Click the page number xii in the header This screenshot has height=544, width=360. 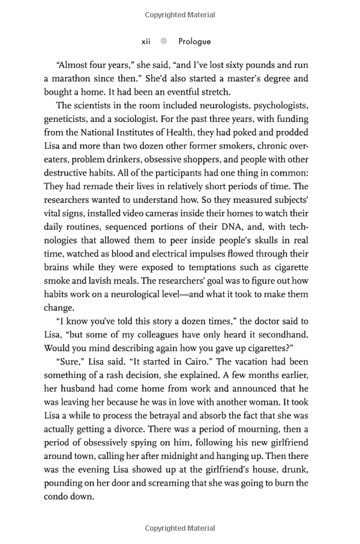(146, 41)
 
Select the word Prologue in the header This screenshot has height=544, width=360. (194, 41)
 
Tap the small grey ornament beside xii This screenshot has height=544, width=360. (163, 41)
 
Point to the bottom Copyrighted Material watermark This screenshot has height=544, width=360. (180, 528)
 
